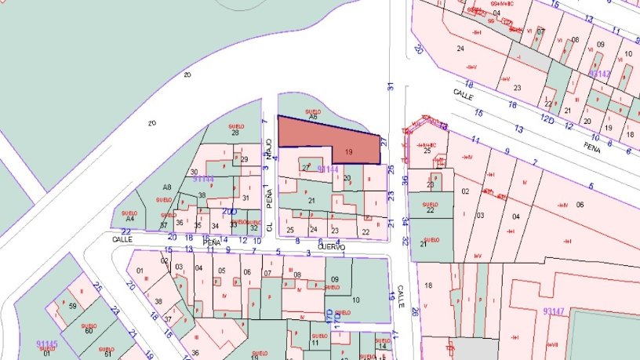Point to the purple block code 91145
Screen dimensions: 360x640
click(x=47, y=343)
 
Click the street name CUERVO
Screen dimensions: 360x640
click(x=332, y=245)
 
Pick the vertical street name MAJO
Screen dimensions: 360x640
click(x=268, y=147)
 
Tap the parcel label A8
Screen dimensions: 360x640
click(x=167, y=187)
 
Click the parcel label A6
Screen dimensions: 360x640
click(x=312, y=118)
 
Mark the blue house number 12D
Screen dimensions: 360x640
click(x=547, y=119)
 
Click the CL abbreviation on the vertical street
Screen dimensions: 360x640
click(x=269, y=226)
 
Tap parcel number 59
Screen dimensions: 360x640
click(x=72, y=306)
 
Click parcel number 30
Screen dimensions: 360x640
click(x=194, y=172)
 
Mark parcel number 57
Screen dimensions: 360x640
click(x=163, y=226)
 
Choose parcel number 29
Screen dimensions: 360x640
click(x=245, y=160)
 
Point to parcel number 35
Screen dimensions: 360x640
click(x=198, y=226)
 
